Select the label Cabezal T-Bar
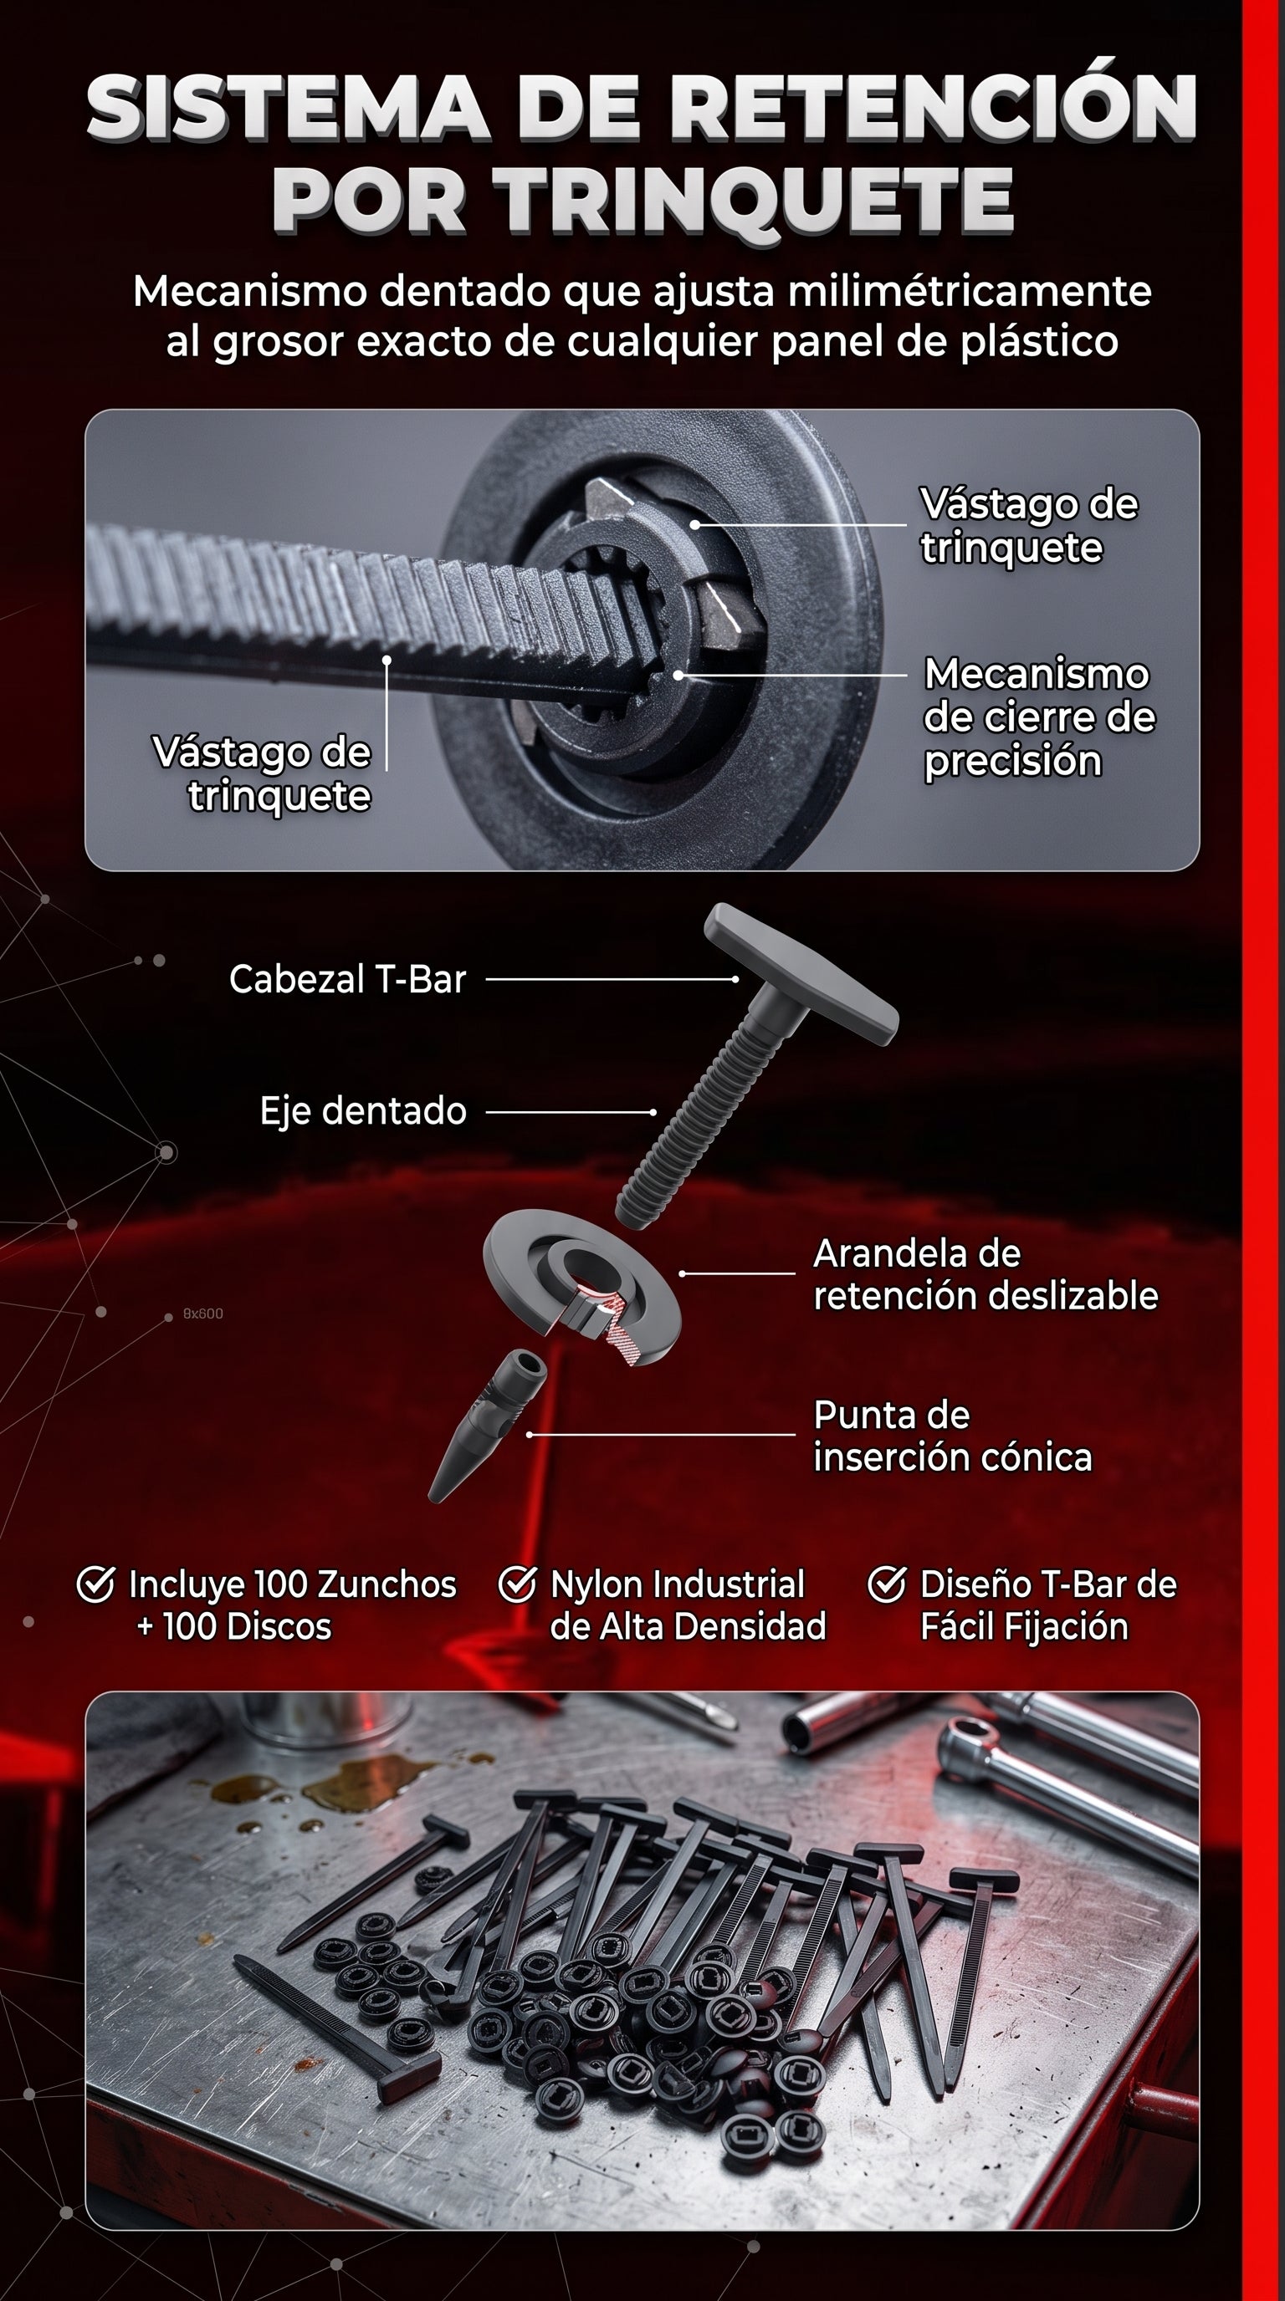(348, 979)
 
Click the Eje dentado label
(363, 1111)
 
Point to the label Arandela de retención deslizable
(985, 1273)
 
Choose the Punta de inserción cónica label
(952, 1436)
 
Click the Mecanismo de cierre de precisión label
(1038, 717)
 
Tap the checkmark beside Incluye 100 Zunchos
(95, 1584)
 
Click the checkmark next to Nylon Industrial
(516, 1584)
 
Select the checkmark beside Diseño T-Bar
(887, 1584)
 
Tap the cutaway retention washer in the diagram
(581, 1286)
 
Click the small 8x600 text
(202, 1313)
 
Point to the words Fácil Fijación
(1024, 1627)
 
